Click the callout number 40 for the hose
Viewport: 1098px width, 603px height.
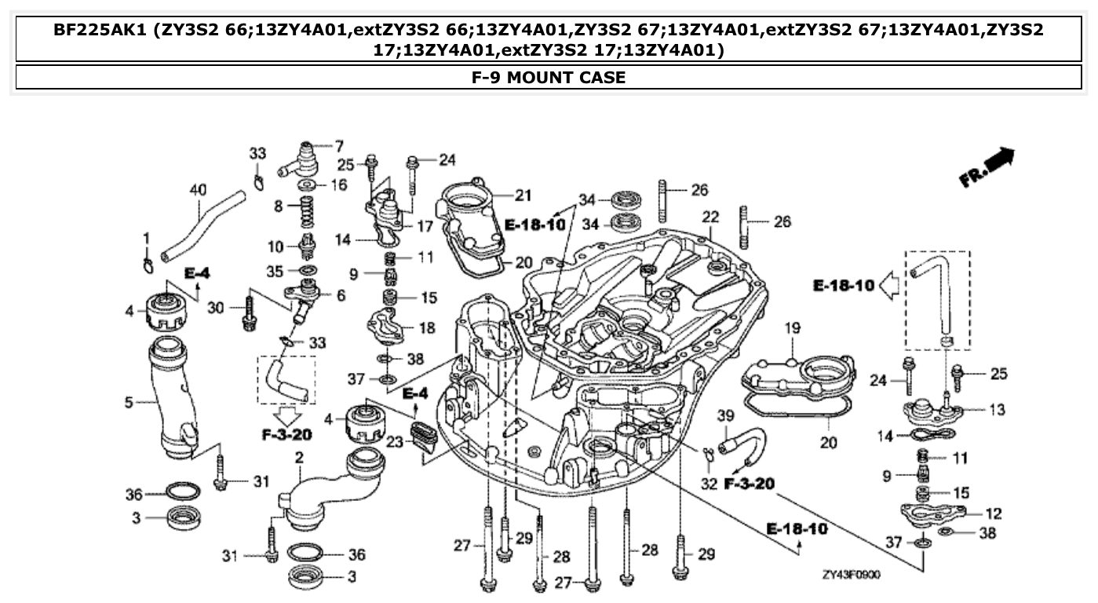[198, 189]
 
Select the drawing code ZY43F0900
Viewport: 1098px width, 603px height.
[851, 575]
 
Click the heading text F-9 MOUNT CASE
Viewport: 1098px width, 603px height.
[549, 77]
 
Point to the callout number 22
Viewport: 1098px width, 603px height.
[710, 216]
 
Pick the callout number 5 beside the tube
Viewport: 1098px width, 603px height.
[129, 403]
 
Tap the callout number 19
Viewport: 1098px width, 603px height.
[791, 327]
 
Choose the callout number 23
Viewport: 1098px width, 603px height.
[395, 443]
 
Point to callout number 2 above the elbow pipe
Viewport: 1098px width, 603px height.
[299, 458]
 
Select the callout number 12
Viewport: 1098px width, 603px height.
[994, 513]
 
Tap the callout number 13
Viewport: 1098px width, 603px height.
[996, 409]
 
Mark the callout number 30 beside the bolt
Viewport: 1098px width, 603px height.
[217, 309]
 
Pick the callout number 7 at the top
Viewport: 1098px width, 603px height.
[339, 145]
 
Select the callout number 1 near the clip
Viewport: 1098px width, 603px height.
[146, 238]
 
